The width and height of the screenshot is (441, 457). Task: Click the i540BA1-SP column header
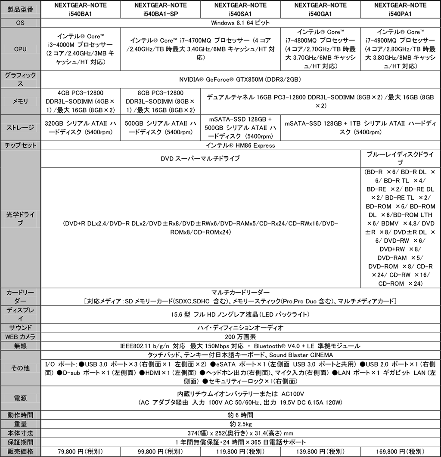click(x=161, y=9)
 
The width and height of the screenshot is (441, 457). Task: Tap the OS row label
click(x=20, y=22)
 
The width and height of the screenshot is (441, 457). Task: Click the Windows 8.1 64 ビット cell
click(x=240, y=22)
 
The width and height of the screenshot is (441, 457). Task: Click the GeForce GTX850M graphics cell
click(x=240, y=79)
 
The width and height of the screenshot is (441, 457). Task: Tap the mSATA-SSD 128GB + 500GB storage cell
click(x=240, y=127)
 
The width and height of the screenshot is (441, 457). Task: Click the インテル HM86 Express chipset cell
click(x=240, y=145)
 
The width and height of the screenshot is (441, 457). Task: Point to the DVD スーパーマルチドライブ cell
click(x=200, y=158)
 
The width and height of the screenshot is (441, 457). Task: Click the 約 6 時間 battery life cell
click(x=240, y=415)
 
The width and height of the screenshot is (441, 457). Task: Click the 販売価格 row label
click(x=20, y=451)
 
